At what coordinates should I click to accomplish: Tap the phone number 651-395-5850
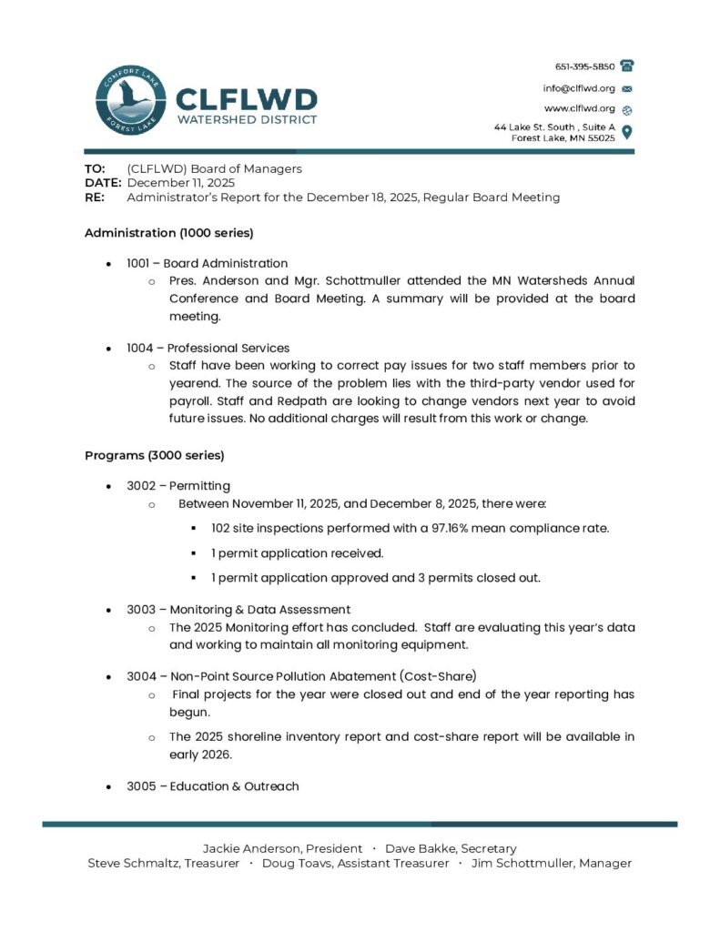point(584,66)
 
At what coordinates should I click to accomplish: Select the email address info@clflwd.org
point(579,88)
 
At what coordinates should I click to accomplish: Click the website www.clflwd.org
point(580,108)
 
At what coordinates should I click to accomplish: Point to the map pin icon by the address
point(627,132)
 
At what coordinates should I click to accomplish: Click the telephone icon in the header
point(627,66)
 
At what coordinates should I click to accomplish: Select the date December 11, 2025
point(168,183)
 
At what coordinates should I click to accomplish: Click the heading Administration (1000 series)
point(168,232)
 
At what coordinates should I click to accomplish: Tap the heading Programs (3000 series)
point(154,454)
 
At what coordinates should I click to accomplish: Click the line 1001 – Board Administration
point(207,263)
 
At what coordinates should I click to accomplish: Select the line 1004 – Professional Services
point(208,348)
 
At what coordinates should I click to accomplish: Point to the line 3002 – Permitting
point(177,485)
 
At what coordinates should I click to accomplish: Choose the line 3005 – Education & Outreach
point(212,785)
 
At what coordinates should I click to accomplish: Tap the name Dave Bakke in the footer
point(419,848)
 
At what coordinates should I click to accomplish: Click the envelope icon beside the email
point(627,88)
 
